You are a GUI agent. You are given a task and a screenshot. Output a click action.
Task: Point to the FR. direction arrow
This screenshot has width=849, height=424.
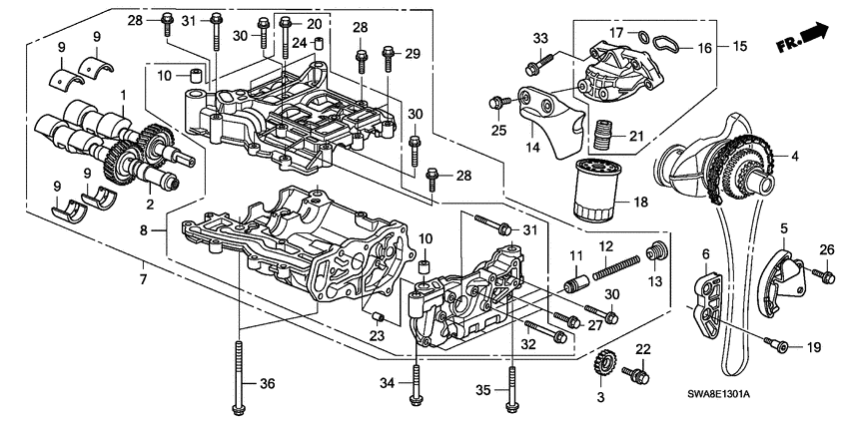point(803,38)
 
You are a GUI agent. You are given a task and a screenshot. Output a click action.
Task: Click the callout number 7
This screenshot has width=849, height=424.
point(143,279)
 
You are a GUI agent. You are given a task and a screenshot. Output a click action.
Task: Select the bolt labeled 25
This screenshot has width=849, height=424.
point(495,102)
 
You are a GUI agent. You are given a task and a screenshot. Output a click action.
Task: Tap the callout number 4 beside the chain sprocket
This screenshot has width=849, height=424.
point(795,157)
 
